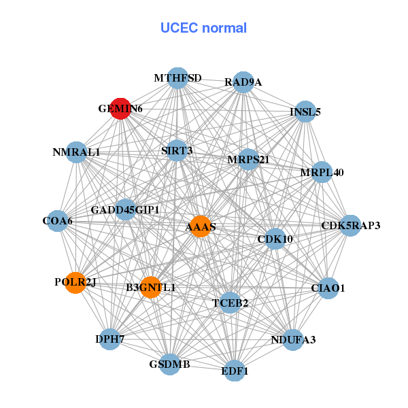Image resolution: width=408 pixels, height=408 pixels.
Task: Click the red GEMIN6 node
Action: click(120, 108)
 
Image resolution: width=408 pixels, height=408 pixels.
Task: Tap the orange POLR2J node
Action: click(75, 282)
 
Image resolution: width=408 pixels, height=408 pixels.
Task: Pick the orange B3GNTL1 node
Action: click(150, 288)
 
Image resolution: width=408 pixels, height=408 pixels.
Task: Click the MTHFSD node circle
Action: click(177, 78)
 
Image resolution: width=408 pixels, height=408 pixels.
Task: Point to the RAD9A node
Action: click(243, 82)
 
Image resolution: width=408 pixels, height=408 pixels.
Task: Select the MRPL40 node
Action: click(322, 172)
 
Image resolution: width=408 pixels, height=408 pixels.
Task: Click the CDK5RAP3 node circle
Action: click(350, 225)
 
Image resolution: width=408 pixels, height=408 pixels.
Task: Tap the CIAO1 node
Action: click(328, 288)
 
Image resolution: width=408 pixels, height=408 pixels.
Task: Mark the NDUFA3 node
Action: click(292, 339)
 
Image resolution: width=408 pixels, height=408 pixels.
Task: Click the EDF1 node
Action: click(235, 371)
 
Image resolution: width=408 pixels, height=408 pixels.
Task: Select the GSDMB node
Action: click(170, 364)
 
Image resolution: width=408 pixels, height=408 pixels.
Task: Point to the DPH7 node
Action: click(110, 338)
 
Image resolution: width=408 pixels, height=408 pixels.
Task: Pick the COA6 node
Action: click(58, 220)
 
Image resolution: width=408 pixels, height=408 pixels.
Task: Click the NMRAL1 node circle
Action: click(76, 152)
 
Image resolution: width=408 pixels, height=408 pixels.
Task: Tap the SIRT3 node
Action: click(177, 150)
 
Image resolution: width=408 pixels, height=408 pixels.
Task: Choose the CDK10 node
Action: click(275, 239)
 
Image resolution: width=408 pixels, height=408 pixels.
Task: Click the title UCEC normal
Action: click(203, 28)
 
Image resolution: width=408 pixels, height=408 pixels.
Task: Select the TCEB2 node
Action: click(230, 302)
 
